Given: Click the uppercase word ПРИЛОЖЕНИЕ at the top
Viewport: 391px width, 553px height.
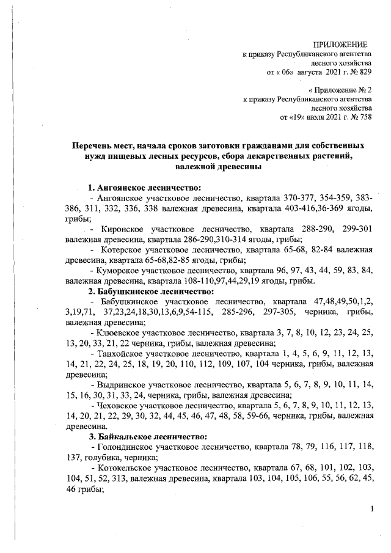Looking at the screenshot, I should [x=340, y=45].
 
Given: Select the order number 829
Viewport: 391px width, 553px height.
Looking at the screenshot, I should [x=364, y=73].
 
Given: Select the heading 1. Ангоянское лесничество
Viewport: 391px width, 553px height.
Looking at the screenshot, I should [x=144, y=187].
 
